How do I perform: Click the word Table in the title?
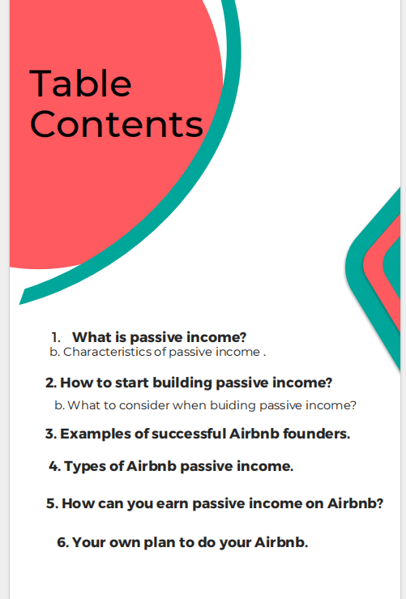pyautogui.click(x=79, y=83)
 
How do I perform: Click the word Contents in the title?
pyautogui.click(x=116, y=124)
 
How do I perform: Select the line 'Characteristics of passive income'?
pyautogui.click(x=162, y=353)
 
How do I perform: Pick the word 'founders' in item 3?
pyautogui.click(x=319, y=434)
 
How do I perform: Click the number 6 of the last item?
pyautogui.click(x=61, y=542)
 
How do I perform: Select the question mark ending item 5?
pyautogui.click(x=378, y=503)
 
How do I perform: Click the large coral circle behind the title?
pyautogui.click(x=113, y=195)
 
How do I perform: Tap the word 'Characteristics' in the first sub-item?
pyautogui.click(x=100, y=353)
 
